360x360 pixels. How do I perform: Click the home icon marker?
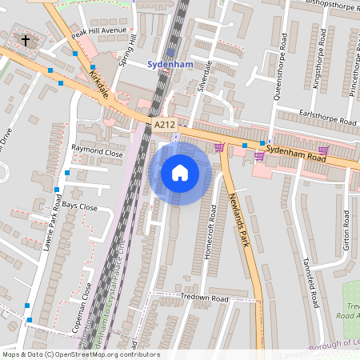(180, 173)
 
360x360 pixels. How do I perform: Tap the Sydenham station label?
(171, 64)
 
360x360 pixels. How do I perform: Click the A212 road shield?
(164, 124)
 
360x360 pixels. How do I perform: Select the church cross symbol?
(26, 39)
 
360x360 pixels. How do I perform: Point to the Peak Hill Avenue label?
(99, 32)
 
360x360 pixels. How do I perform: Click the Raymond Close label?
(98, 150)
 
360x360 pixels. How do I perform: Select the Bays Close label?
(80, 206)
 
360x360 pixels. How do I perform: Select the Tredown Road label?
(205, 298)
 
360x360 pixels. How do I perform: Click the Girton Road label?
(346, 231)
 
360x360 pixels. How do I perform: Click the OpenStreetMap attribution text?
(80, 354)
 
